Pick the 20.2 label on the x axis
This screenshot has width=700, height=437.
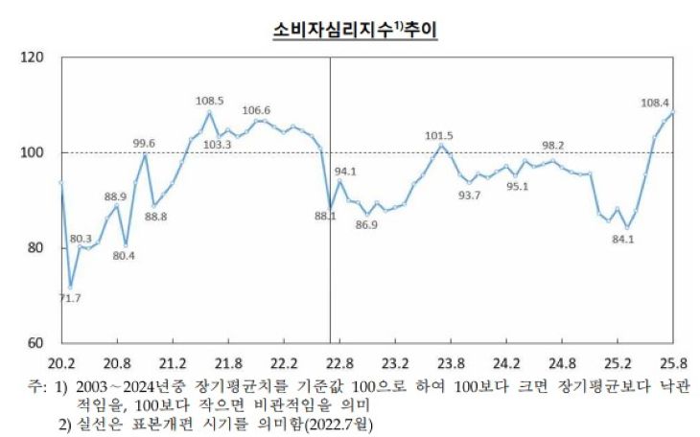(60, 363)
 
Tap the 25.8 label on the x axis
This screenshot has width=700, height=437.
(674, 363)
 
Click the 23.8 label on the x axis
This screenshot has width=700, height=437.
(451, 363)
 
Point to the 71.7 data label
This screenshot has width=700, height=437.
(69, 298)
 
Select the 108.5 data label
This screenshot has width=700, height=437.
(209, 100)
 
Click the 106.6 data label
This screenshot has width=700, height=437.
(256, 110)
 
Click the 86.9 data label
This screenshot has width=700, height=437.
(366, 225)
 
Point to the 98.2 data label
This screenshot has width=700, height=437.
(553, 145)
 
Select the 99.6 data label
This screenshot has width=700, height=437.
(144, 143)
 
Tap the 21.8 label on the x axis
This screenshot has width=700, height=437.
(227, 363)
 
